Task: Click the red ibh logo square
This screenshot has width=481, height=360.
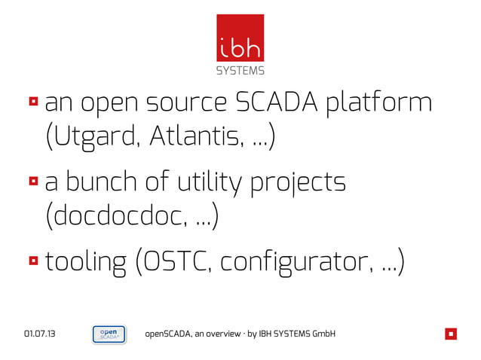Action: click(x=240, y=39)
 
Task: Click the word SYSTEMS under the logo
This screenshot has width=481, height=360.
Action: click(x=240, y=72)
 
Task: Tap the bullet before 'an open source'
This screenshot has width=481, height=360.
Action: click(x=34, y=101)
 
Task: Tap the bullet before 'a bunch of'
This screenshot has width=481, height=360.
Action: click(x=34, y=182)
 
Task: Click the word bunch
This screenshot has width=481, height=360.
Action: click(x=110, y=182)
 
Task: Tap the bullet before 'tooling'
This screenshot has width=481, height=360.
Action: click(x=34, y=261)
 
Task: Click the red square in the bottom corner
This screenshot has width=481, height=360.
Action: click(x=450, y=334)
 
